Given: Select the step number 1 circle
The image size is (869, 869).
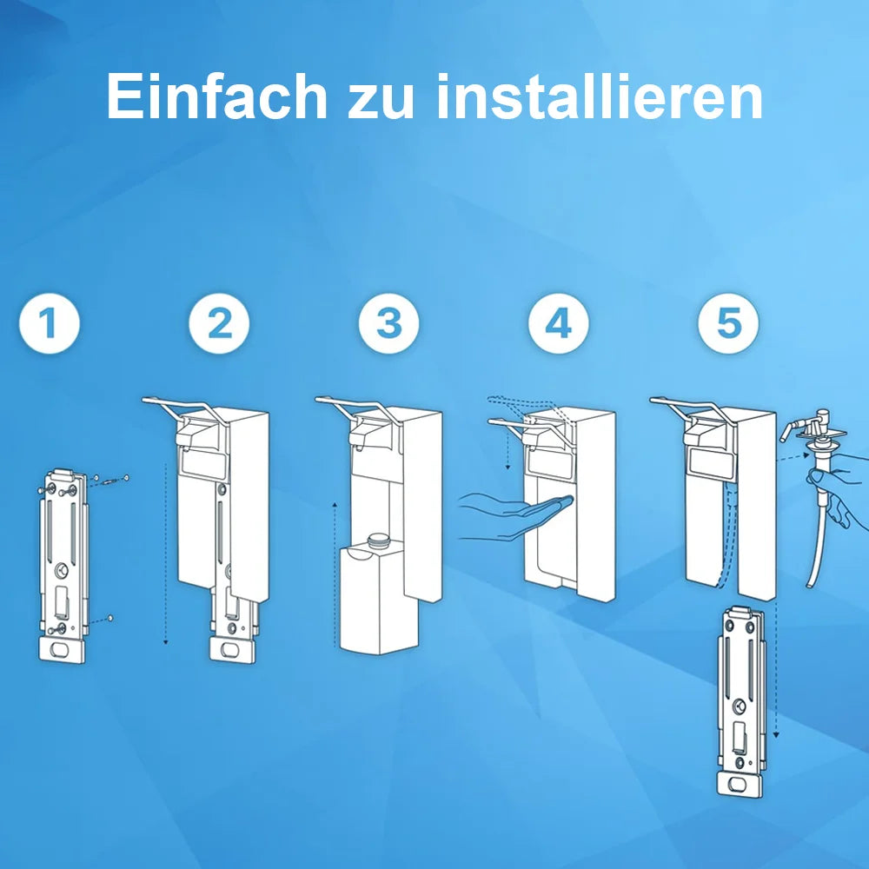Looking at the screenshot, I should coord(49,324).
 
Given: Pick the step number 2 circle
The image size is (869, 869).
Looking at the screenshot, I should coord(219,324).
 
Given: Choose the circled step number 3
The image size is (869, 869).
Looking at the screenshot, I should coord(388,324).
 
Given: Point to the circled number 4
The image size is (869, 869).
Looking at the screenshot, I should coord(558,324).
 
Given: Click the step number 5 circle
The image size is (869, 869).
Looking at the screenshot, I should coord(728,324).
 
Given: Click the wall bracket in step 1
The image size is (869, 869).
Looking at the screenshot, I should coord(64,565).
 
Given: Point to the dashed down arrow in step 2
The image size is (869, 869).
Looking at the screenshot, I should coord(165,556).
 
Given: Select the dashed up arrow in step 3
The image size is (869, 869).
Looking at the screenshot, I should coord(335,574).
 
